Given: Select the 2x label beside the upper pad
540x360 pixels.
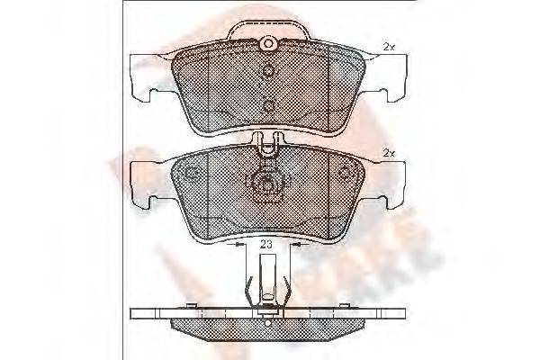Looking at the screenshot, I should [388, 46].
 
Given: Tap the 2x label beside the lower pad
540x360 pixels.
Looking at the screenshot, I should [388, 153].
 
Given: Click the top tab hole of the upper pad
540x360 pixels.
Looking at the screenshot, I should [266, 43].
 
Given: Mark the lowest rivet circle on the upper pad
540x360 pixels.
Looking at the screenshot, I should [268, 106].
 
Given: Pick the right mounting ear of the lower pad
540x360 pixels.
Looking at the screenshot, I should [388, 181].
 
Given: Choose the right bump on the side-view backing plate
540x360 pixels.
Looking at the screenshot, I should [346, 307].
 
